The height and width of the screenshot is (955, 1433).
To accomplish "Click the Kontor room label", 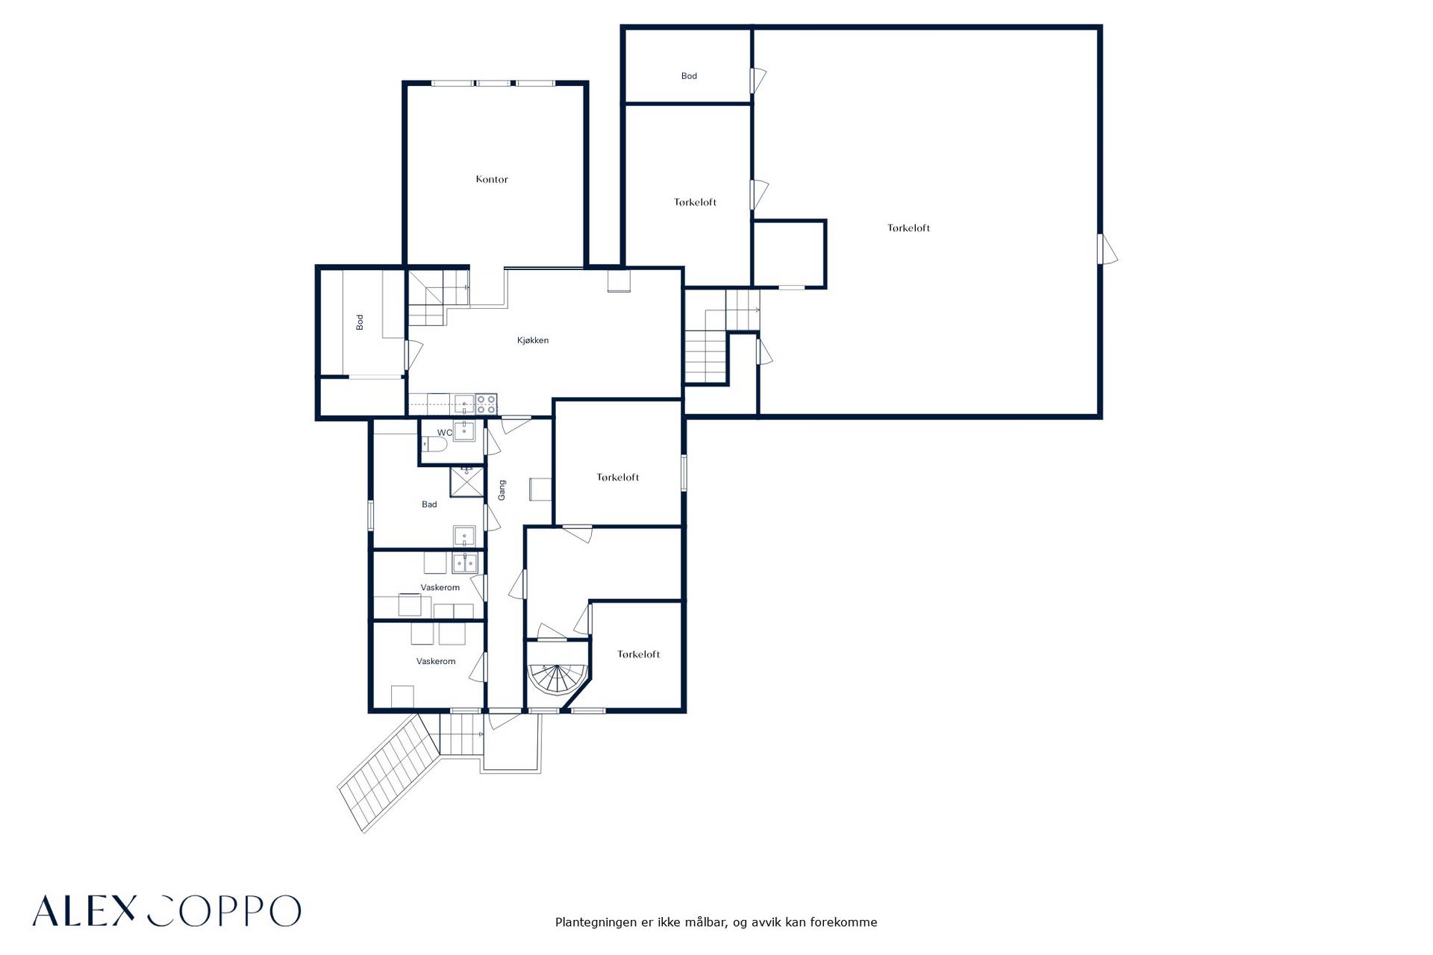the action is point(492,179).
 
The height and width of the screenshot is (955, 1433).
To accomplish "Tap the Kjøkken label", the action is point(533,340).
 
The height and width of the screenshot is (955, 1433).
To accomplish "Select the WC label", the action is point(445,433).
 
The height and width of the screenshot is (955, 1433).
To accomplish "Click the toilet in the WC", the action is point(434,445).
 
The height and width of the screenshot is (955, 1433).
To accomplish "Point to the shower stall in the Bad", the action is point(466,481).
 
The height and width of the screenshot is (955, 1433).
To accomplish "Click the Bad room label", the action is point(429,504).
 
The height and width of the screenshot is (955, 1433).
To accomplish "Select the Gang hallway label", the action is point(502,489).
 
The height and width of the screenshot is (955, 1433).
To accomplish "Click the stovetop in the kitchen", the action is point(487,404).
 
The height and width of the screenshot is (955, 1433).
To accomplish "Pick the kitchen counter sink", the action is point(464,404).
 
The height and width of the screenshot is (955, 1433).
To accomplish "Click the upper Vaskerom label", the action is point(440,587).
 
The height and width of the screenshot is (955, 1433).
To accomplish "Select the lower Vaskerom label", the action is point(436,661).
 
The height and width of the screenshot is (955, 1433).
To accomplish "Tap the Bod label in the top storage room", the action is point(689,75).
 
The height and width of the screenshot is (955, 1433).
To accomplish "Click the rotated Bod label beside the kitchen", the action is point(360,322).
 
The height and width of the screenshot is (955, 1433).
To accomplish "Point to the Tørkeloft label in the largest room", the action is point(909,228).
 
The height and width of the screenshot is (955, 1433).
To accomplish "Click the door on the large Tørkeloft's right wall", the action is point(1107,249).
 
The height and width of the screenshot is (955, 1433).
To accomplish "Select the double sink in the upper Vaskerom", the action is point(464,562).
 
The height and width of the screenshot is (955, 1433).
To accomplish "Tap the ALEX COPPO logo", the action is point(166,911).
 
